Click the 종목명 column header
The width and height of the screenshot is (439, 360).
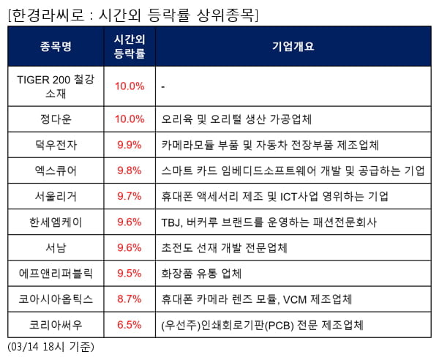tap(56, 46)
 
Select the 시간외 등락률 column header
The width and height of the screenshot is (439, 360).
tap(130, 46)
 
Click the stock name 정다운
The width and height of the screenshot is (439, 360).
tap(56, 119)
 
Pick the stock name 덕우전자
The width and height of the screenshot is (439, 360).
tap(56, 144)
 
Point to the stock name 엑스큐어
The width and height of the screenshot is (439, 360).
tap(56, 170)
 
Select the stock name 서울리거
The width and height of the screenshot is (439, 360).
tap(56, 196)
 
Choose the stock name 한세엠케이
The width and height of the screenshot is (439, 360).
tap(56, 222)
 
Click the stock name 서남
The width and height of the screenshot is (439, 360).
tap(56, 247)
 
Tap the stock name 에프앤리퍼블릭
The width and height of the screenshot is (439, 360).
tap(56, 274)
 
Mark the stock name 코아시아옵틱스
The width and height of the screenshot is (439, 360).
tap(56, 299)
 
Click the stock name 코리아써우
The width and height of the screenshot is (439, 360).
tap(56, 325)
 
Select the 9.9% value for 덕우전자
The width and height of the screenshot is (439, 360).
tap(130, 144)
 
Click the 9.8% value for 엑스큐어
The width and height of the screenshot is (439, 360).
tap(130, 170)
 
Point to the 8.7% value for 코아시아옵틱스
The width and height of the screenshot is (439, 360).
tap(130, 299)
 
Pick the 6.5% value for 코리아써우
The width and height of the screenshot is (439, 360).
tap(130, 325)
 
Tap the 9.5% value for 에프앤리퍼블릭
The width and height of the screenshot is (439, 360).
tap(130, 274)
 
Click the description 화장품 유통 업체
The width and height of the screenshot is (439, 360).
tap(201, 274)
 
